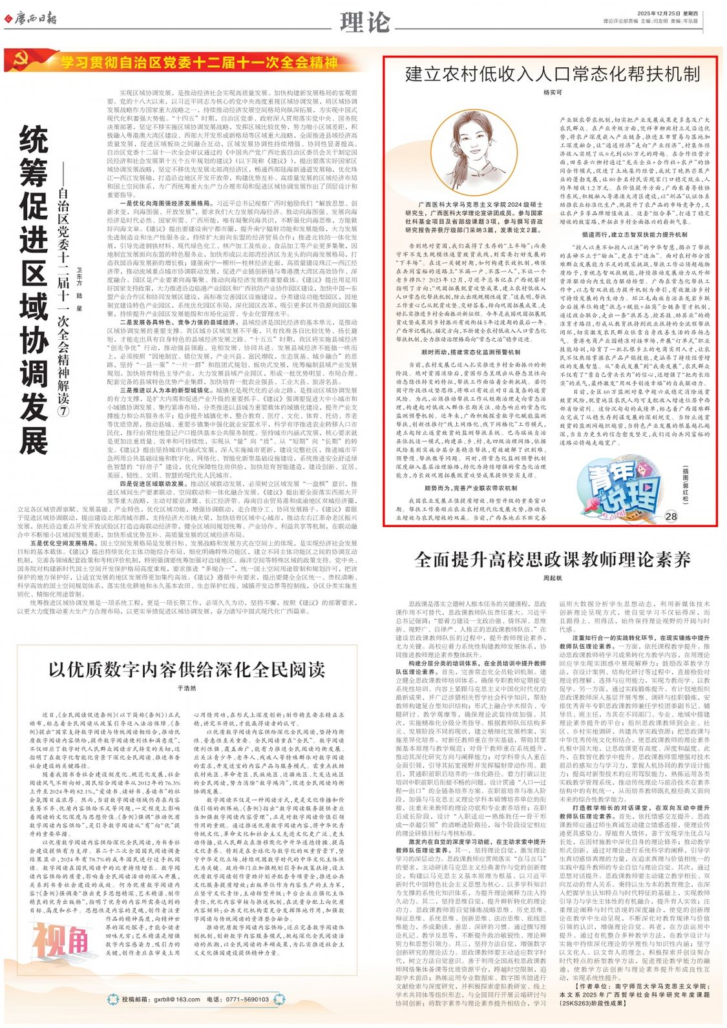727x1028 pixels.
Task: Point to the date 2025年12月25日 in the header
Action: click(x=656, y=14)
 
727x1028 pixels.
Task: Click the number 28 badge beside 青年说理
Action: click(x=671, y=516)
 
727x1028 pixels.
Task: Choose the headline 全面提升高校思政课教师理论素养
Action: click(x=552, y=559)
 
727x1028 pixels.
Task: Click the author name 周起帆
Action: click(x=553, y=578)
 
